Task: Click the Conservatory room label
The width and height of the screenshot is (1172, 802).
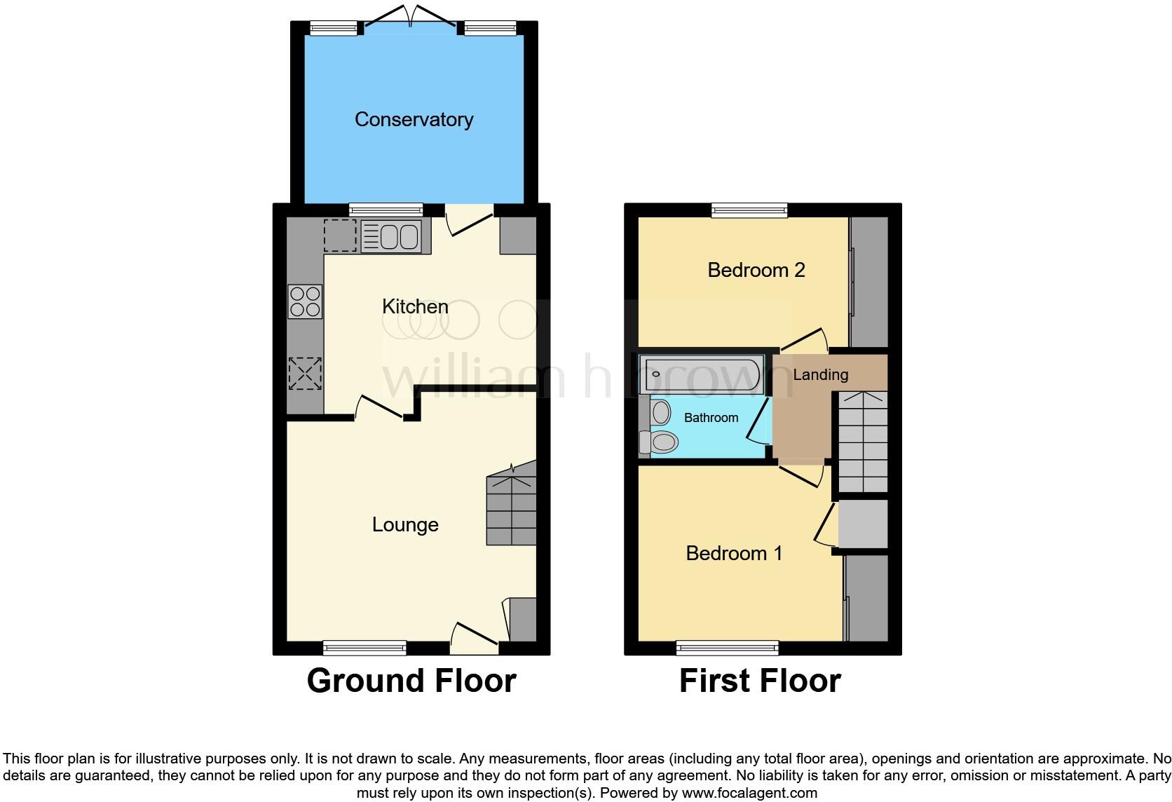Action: click(414, 119)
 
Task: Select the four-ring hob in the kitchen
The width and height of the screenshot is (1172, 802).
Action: click(305, 301)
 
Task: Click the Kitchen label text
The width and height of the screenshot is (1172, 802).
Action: click(415, 306)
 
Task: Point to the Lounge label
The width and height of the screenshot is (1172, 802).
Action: click(405, 524)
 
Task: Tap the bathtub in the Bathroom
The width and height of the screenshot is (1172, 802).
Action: click(702, 374)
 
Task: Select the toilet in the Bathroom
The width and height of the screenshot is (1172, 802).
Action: click(659, 442)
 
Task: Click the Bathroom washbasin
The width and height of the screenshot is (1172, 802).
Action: click(660, 412)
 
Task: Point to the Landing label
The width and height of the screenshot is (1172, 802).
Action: click(820, 374)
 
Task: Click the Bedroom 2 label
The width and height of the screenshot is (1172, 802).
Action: click(756, 270)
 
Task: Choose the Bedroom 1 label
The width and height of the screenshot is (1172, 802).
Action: click(734, 553)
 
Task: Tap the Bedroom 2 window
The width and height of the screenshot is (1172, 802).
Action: click(749, 210)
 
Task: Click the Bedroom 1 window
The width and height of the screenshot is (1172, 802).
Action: click(728, 647)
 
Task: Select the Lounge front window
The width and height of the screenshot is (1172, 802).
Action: click(364, 647)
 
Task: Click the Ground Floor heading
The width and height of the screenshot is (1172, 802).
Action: click(411, 681)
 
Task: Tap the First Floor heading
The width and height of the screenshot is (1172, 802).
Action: click(760, 681)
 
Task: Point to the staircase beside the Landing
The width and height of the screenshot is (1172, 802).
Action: click(863, 442)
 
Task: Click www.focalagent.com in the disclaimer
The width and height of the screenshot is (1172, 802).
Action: click(749, 794)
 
